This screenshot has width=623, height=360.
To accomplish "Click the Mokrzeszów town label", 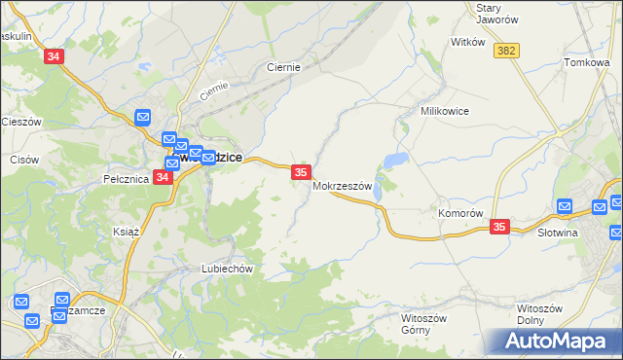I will tap(343, 186).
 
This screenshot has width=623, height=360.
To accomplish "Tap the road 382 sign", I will tap(504, 50).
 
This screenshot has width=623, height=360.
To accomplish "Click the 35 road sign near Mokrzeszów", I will tap(301, 172).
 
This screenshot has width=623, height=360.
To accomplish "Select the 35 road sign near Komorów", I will tap(499, 226).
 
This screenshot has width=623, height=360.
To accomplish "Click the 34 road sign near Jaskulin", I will tap(54, 57).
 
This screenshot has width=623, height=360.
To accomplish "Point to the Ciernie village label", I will tap(283, 68).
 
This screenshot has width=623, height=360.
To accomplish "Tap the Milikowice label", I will tap(445, 112).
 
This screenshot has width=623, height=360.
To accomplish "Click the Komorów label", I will tap(460, 213).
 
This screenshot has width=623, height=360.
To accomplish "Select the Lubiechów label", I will tap(227, 269).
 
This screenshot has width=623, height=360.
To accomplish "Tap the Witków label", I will tap(467, 43).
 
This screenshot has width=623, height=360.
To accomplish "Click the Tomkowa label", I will tap(586, 62).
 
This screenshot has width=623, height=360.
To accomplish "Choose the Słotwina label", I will tap(558, 233).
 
